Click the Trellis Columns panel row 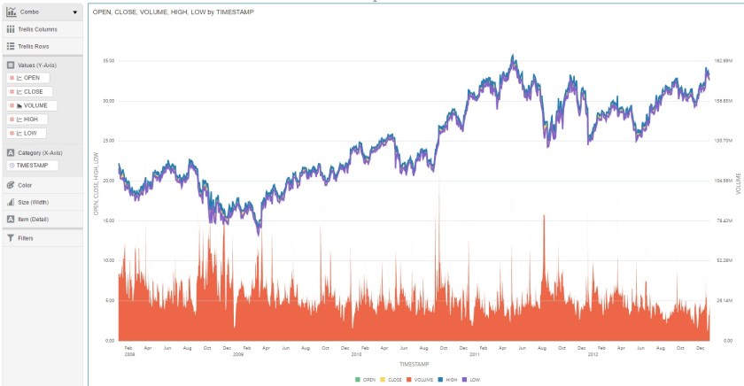tap(37, 29)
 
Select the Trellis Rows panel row tap(34, 45)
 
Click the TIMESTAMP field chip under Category tap(33, 166)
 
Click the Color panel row tap(25, 185)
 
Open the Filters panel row tap(25, 237)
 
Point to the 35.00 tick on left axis tap(108, 60)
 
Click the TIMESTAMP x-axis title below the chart tap(415, 364)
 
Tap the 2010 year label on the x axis tap(357, 353)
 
